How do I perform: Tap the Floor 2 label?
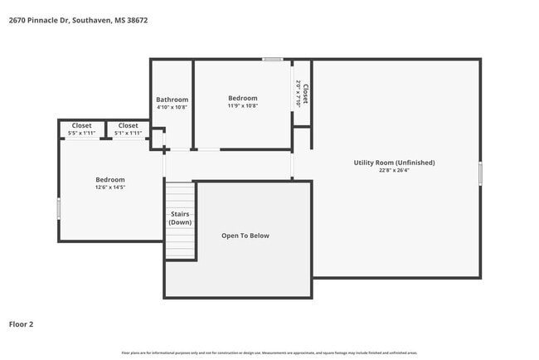tap(22, 324)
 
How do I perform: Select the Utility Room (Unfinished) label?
tap(394, 163)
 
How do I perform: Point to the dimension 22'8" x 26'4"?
tap(394, 171)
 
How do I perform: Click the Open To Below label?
tap(245, 236)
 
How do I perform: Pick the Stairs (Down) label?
tap(180, 218)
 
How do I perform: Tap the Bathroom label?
tap(172, 100)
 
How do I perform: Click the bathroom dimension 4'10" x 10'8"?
tap(172, 107)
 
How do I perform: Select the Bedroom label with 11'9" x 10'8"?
tap(243, 98)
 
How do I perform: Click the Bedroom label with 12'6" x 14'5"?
tap(109, 180)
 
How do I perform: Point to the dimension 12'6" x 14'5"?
tap(109, 187)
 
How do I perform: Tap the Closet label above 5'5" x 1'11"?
tap(81, 125)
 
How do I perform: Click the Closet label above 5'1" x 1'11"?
tap(128, 125)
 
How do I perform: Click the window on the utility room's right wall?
tap(480, 173)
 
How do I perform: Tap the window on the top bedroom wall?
tap(273, 59)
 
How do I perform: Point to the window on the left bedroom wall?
tap(58, 208)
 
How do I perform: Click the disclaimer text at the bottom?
tap(269, 352)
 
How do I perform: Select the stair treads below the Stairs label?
tap(180, 245)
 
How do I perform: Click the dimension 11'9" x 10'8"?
tap(243, 106)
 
